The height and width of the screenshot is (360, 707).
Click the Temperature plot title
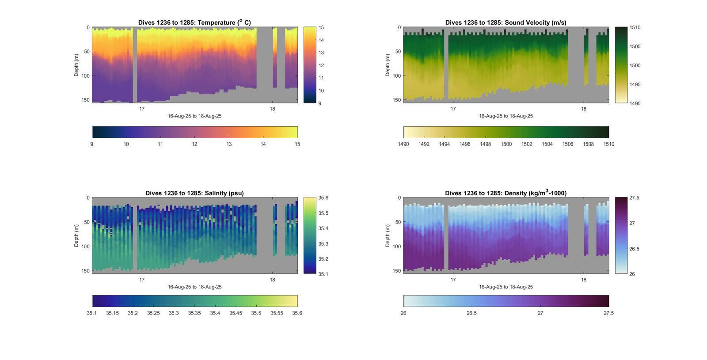click(194, 23)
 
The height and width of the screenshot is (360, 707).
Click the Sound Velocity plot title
click(506, 23)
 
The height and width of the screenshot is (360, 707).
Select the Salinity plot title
click(194, 193)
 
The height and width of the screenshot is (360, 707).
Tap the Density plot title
click(506, 193)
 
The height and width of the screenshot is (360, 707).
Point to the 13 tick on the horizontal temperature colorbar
click(229, 144)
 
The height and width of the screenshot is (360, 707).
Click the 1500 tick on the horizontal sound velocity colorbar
click(506, 144)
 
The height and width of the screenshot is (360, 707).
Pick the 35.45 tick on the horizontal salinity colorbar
click(236, 313)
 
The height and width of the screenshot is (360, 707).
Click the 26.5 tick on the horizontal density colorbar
click(472, 313)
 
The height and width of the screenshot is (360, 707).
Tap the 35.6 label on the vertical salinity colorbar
click(323, 198)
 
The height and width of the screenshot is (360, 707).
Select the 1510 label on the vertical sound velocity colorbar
click(635, 27)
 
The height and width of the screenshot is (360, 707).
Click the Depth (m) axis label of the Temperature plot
click(76, 65)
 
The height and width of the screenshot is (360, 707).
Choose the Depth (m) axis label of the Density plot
click(388, 235)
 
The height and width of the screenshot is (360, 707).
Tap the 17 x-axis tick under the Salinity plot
click(142, 280)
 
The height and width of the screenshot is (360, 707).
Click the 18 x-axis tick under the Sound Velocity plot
click(583, 109)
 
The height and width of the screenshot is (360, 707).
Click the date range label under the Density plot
click(506, 287)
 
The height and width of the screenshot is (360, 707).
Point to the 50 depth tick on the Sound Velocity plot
click(398, 52)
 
